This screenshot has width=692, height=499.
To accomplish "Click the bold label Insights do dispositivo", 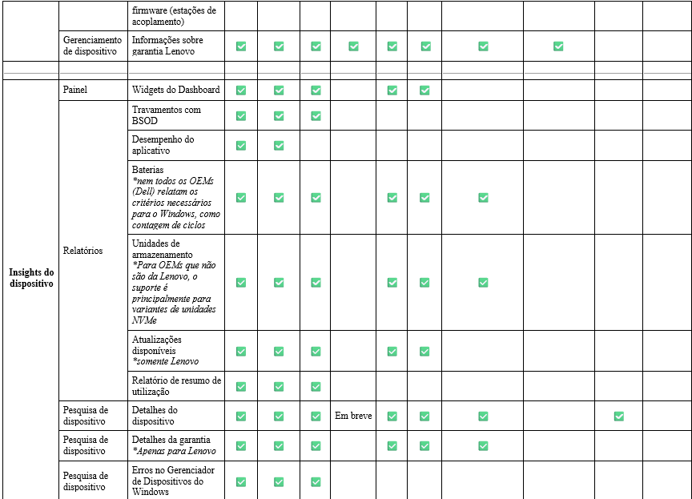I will click(31, 278).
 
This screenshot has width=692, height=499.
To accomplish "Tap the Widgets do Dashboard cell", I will click(175, 90).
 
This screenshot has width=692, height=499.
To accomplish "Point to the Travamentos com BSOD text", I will click(167, 115).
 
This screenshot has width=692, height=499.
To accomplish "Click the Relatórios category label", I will click(82, 251).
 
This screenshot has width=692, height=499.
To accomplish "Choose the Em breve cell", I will click(353, 416).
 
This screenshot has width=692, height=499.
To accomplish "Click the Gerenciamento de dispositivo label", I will click(92, 46).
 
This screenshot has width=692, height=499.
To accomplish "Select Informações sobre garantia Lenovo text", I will click(167, 46).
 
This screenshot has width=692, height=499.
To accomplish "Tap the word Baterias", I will click(147, 170).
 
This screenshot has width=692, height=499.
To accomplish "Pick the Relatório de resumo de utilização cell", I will click(176, 386).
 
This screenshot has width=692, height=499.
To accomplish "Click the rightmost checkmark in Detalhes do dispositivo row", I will click(618, 416).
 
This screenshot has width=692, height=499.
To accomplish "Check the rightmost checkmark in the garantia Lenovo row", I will click(558, 46).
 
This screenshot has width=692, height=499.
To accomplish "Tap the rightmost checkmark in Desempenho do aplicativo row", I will click(279, 145).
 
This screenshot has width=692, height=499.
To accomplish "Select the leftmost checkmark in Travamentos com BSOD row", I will click(241, 116).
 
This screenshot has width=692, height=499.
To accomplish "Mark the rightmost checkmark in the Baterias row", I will click(483, 198).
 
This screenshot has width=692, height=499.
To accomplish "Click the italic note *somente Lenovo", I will click(165, 361).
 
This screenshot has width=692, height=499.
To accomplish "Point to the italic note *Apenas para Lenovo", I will click(174, 451).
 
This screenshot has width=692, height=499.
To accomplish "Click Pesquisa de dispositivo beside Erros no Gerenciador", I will click(84, 481).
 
